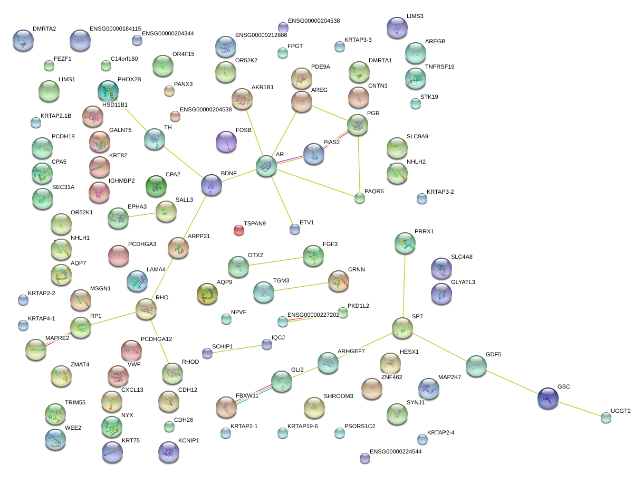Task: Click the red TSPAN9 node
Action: click(239, 230)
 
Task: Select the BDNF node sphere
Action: click(211, 185)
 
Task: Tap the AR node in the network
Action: click(266, 166)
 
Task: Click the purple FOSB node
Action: click(226, 141)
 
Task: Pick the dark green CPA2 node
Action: click(156, 186)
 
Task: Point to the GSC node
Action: click(548, 398)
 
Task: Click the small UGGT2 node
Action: click(606, 418)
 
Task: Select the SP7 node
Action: click(402, 328)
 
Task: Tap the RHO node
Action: click(146, 309)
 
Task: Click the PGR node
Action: click(358, 125)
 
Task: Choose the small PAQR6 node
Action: click(360, 198)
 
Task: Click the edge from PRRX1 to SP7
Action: click(404, 285)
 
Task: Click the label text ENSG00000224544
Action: click(396, 452)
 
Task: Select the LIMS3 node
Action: click(397, 27)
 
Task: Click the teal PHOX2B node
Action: click(108, 91)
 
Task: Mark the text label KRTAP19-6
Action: click(303, 426)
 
